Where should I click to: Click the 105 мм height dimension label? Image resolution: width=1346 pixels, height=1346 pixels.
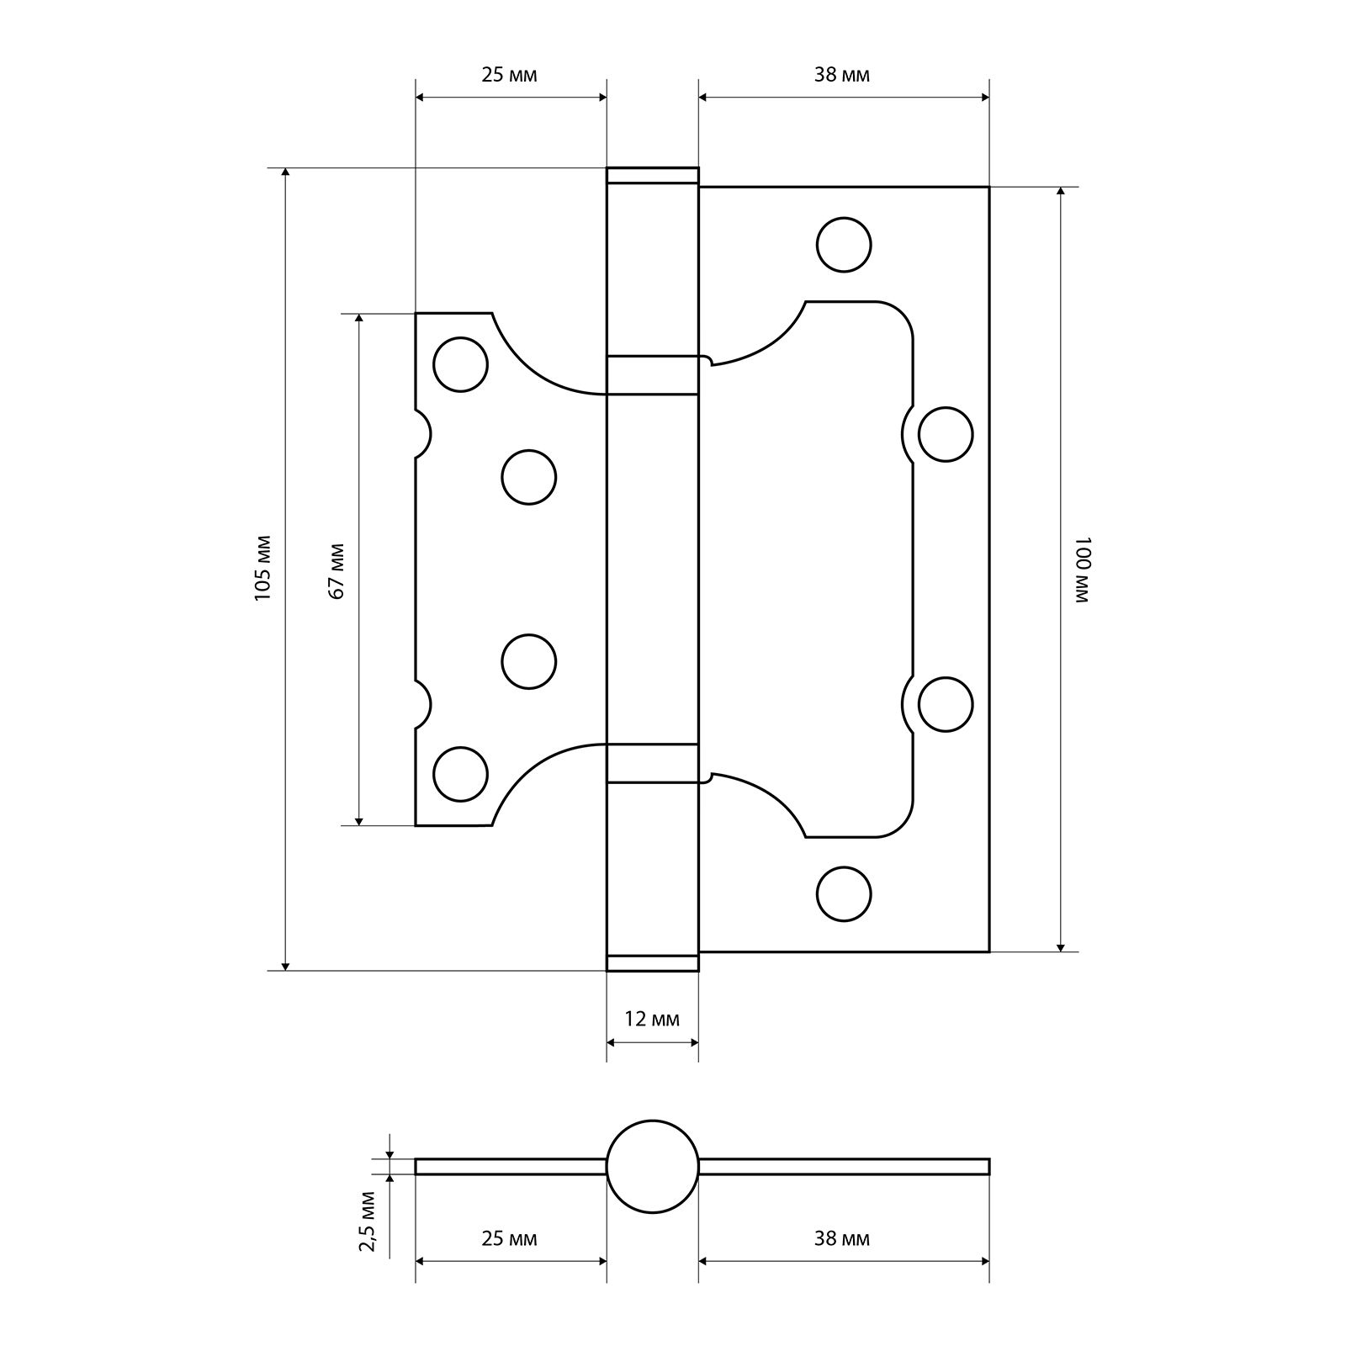click(262, 568)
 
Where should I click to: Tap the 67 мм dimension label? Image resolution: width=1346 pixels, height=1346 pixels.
click(336, 570)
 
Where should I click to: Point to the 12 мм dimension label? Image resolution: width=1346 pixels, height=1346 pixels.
click(652, 1020)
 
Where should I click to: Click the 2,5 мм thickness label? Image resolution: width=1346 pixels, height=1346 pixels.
click(367, 1221)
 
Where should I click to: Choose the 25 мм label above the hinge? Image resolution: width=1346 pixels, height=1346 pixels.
click(509, 75)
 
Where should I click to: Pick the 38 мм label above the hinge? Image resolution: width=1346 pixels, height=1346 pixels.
click(842, 75)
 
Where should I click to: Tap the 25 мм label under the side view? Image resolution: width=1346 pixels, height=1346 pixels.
click(509, 1239)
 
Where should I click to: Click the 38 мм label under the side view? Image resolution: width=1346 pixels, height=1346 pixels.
click(842, 1239)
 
